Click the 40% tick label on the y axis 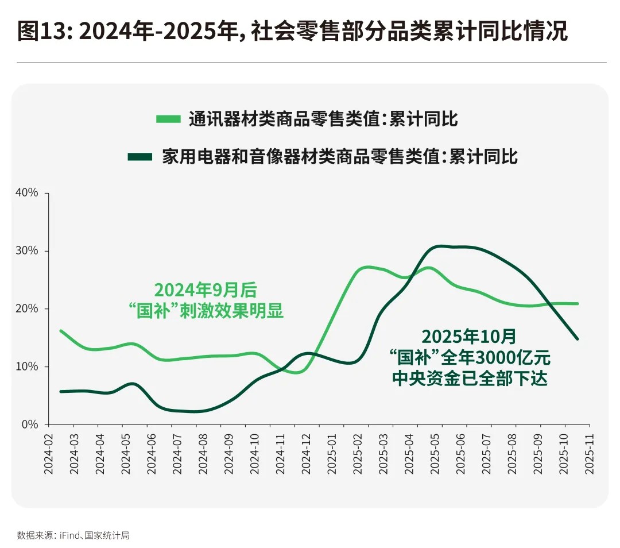[26, 193]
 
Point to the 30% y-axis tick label [26, 251]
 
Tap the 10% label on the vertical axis [26, 366]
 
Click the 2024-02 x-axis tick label [48, 454]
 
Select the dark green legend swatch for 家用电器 [139, 157]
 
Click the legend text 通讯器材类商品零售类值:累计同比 [323, 119]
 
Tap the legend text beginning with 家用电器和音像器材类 [340, 157]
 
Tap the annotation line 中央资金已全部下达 [469, 379]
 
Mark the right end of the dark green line [577, 339]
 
